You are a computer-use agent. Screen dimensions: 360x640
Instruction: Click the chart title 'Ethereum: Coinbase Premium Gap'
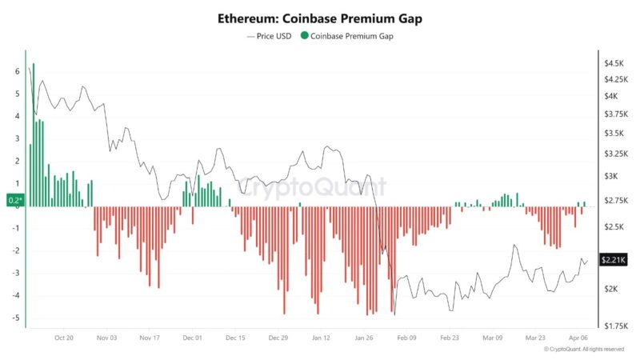coord(319,18)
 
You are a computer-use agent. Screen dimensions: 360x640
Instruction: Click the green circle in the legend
coord(303,36)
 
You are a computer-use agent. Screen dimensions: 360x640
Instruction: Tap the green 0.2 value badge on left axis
coord(14,200)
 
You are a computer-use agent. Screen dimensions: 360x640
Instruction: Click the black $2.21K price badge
coord(614,260)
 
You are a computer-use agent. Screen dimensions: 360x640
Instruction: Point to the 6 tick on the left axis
coord(17,71)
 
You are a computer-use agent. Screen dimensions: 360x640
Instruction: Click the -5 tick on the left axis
coord(15,318)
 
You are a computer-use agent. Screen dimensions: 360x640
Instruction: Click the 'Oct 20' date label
coord(64,338)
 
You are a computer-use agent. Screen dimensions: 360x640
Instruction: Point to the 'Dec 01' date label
coord(193,338)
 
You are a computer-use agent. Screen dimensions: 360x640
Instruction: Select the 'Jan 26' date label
coord(363,338)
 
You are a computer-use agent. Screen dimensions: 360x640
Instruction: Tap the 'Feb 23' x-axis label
coord(450,338)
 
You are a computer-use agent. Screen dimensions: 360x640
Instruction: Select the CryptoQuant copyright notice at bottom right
coord(583,350)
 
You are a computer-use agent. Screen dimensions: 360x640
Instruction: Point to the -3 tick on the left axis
coord(15,273)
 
